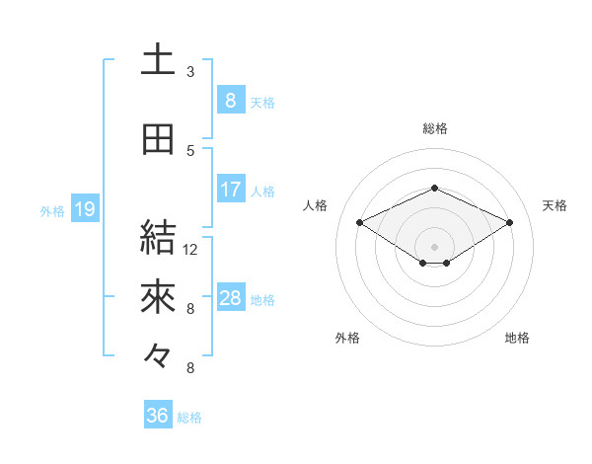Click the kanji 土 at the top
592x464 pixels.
point(158,60)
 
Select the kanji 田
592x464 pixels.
point(158,139)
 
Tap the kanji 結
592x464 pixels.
point(158,237)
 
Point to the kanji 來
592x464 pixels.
point(158,296)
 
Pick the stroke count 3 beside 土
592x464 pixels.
point(190,72)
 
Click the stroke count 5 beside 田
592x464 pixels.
point(190,151)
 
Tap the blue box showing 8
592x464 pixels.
point(230,100)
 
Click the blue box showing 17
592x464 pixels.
point(230,189)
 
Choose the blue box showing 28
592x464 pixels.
point(230,297)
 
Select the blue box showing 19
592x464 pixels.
point(84,208)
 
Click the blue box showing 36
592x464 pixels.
point(157,416)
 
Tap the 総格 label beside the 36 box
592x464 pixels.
point(189,418)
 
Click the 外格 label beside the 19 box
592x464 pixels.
point(52,210)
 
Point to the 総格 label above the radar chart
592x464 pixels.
point(434,128)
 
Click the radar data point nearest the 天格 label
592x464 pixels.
point(510,223)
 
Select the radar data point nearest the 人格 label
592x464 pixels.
point(360,223)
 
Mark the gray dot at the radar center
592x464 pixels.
point(434,244)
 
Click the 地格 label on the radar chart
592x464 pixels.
point(517,338)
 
